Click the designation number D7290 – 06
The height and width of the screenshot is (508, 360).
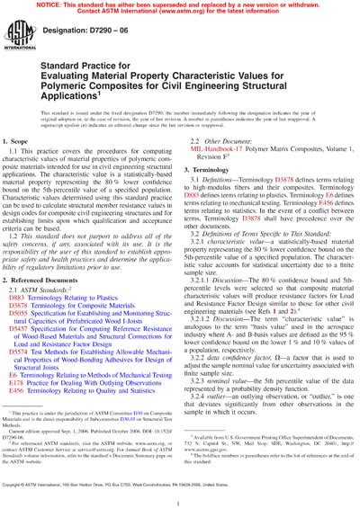tap(84, 43)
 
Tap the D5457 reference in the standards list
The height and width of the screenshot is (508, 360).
tap(32, 330)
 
